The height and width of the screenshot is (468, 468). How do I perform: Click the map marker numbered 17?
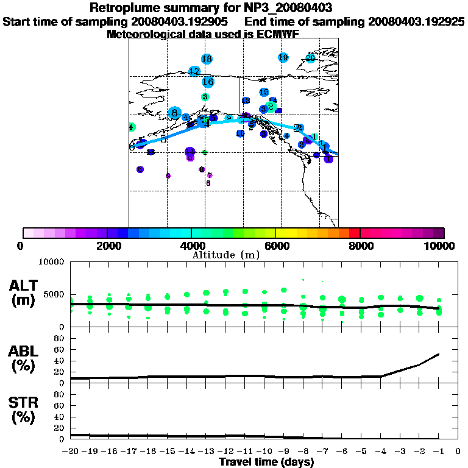[x=194, y=71]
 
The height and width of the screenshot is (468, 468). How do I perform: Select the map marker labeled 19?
[x=283, y=57]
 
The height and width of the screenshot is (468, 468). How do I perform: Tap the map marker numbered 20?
[x=310, y=58]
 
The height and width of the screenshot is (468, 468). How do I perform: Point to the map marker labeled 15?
[x=264, y=92]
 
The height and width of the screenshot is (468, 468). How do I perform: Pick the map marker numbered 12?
[x=246, y=101]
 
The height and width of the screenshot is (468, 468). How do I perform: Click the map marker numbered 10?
[x=240, y=133]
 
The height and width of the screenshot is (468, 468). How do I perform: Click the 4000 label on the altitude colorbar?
[x=192, y=246]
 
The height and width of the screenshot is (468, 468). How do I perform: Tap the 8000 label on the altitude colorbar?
[x=360, y=246]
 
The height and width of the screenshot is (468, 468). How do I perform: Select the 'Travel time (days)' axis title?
[x=266, y=463]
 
